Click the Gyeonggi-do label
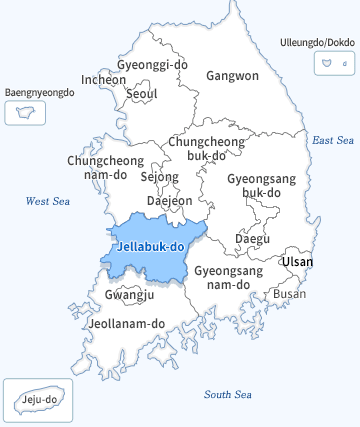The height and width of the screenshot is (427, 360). (152, 64)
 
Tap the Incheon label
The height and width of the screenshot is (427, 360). (104, 79)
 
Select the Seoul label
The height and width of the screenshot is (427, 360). (143, 94)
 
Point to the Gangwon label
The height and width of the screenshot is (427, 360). (232, 75)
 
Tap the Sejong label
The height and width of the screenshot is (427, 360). (159, 177)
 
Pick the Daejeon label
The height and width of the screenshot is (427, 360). (169, 200)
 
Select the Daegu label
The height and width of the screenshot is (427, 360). (251, 239)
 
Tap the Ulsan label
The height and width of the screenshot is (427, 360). (297, 262)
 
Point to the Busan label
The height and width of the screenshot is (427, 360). (290, 294)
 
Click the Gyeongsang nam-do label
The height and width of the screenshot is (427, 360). (228, 278)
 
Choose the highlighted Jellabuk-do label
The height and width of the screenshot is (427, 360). (150, 246)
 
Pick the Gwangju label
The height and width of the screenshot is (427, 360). (129, 294)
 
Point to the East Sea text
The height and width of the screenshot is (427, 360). (333, 140)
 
